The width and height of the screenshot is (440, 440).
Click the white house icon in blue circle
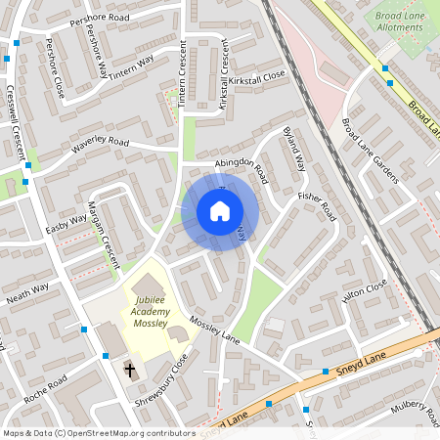tap(220, 211)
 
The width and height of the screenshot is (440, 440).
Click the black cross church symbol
tap(129, 370)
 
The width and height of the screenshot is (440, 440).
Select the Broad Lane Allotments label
tap(400, 22)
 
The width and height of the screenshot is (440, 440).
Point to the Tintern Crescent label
tap(182, 74)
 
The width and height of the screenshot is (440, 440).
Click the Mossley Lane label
tap(215, 330)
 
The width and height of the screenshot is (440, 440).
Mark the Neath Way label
tap(27, 291)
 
